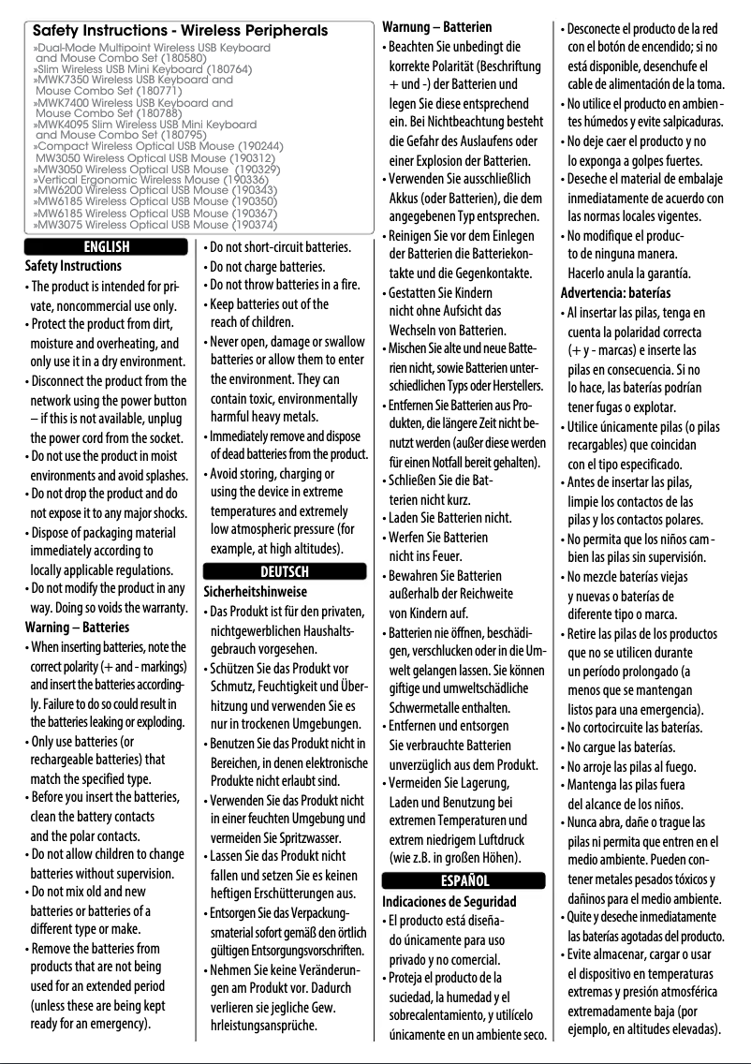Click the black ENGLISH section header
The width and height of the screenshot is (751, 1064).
click(x=108, y=248)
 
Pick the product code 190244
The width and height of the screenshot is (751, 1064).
click(x=259, y=147)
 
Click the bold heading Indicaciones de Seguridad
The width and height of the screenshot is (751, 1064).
click(x=449, y=901)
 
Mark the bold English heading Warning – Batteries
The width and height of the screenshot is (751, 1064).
click(x=77, y=627)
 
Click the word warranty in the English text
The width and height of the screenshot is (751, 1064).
click(x=157, y=607)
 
